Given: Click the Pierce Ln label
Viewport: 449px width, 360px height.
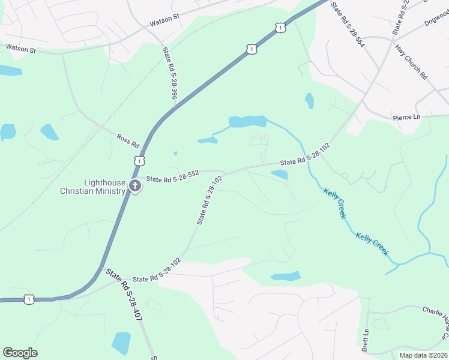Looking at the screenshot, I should pyautogui.click(x=406, y=116).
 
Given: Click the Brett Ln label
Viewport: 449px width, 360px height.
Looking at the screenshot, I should pyautogui.click(x=364, y=340).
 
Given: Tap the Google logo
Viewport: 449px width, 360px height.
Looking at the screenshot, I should pyautogui.click(x=20, y=352).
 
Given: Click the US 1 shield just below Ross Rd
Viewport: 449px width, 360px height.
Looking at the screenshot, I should pyautogui.click(x=139, y=160).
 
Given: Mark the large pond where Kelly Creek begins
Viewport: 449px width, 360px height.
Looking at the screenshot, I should pyautogui.click(x=247, y=122).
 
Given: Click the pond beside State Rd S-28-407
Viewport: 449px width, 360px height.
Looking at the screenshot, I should pyautogui.click(x=121, y=343).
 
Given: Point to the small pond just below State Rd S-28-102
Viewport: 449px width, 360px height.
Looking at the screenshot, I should pyautogui.click(x=279, y=175).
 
